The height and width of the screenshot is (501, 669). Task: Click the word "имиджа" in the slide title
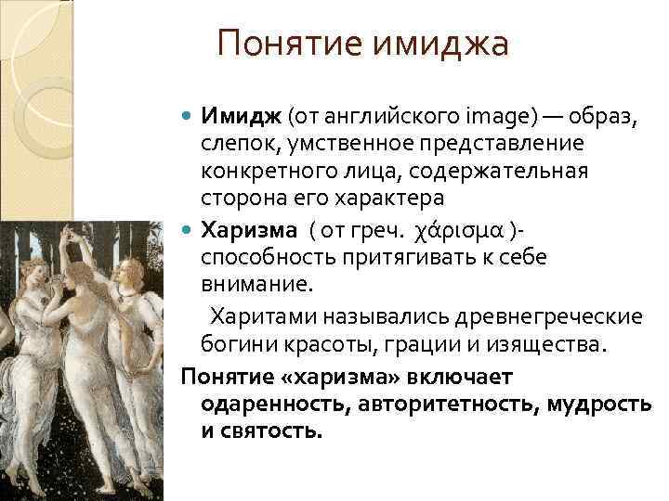tap(442, 44)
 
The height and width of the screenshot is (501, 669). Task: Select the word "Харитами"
tap(259, 316)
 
